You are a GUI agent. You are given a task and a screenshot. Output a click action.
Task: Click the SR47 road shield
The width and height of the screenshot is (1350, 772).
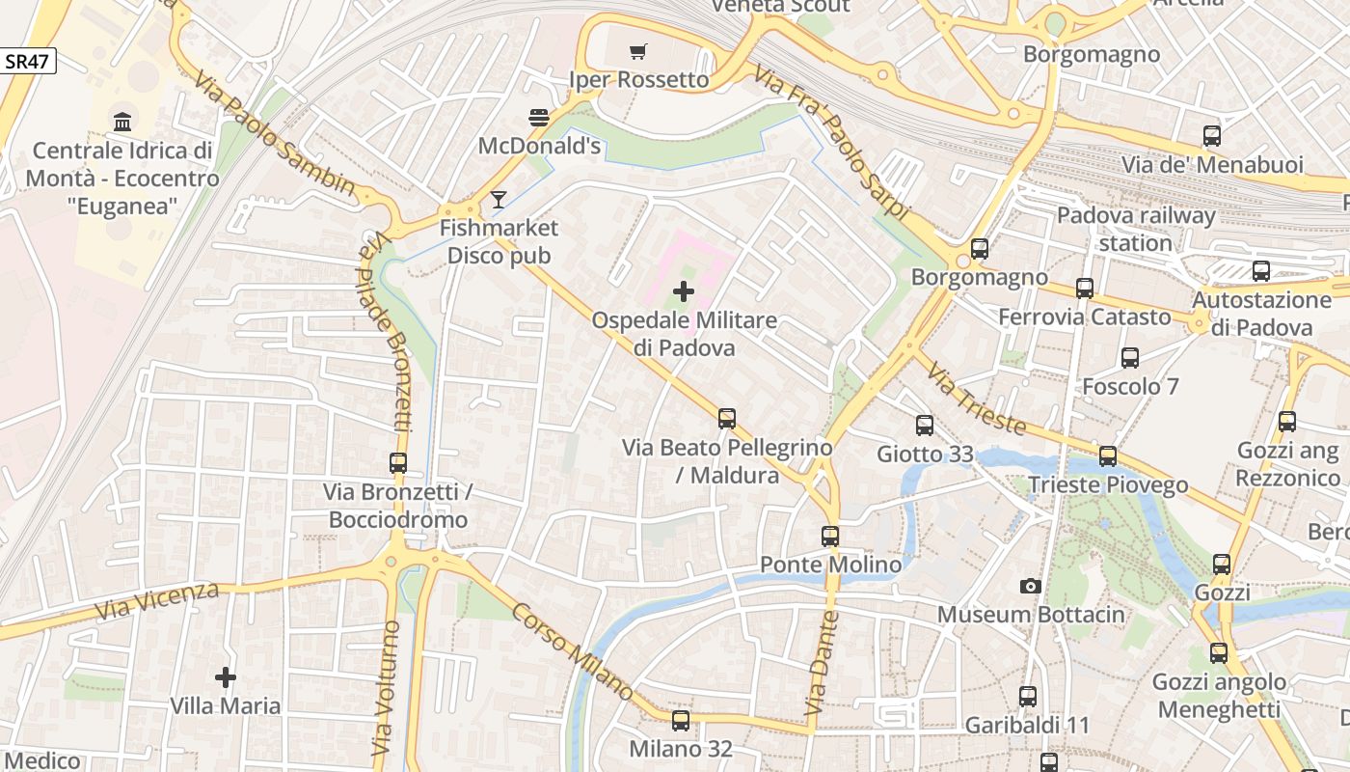point(28,62)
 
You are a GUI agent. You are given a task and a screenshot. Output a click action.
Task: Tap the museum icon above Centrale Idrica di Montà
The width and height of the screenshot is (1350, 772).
point(122,122)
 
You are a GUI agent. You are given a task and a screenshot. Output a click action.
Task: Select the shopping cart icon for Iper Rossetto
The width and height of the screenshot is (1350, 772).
point(638,51)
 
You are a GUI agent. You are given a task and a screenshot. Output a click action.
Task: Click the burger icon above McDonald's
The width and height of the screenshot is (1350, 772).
point(539,118)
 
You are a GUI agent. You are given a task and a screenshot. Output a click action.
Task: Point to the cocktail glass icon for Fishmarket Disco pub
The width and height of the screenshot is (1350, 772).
point(498,200)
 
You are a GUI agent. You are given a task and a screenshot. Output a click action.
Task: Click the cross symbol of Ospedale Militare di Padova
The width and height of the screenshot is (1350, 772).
point(684,290)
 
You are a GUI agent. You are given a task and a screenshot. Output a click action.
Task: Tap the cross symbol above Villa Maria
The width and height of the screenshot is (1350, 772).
point(226,677)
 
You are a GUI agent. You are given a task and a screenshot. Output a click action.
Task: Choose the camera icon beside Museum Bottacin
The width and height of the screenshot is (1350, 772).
point(1031,586)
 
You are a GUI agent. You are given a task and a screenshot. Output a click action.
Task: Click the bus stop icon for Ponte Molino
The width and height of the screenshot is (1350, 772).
point(830,536)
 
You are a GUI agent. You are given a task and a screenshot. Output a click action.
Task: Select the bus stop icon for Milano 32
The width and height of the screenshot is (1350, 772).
point(681,720)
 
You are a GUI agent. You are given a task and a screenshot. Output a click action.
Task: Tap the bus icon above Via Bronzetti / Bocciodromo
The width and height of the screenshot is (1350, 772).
point(398,463)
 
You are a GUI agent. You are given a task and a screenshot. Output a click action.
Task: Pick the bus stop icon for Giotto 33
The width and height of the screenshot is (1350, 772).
point(925,425)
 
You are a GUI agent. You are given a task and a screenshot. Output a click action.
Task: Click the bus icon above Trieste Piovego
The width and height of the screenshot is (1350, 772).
point(1108,456)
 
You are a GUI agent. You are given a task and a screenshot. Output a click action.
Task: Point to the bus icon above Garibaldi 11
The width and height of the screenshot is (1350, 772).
point(1028,696)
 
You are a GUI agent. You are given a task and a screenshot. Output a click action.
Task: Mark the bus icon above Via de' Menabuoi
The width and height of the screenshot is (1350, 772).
point(1212,136)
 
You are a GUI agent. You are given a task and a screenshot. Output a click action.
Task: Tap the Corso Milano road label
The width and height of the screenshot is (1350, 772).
point(572,652)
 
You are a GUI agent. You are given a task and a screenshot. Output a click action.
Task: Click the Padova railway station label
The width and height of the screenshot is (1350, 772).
point(1135,229)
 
